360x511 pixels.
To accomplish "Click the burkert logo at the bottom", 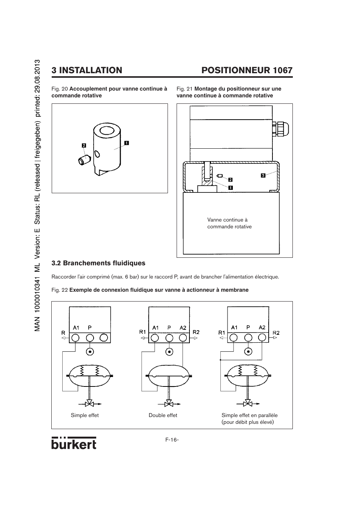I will (74, 443).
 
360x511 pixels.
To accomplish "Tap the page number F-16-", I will (172, 440).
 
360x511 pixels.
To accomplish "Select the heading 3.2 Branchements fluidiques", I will (98, 263).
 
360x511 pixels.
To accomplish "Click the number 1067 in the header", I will (283, 70).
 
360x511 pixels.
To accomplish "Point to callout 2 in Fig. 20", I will (84, 145).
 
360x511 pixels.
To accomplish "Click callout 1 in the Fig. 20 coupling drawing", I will (126, 143).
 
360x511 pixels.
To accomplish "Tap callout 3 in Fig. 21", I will (263, 175).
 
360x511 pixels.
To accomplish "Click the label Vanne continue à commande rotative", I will (229, 223).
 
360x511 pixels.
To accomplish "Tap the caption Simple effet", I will (85, 415).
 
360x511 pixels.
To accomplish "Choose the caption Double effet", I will (163, 415).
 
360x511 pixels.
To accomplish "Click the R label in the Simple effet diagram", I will (63, 333).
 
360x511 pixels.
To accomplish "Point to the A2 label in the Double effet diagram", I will (183, 328).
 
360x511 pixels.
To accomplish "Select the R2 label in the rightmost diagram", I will (276, 333).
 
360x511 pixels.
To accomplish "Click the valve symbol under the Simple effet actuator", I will (90, 404).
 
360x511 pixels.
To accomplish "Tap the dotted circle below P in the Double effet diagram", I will (169, 352).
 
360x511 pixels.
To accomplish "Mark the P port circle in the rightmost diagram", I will (248, 337).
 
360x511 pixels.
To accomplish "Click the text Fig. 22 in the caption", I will (60, 290).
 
